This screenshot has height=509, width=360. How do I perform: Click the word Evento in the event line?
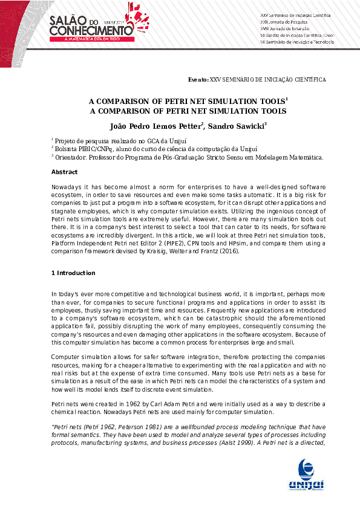(x=198, y=79)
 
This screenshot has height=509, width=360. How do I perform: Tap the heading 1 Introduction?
(x=73, y=273)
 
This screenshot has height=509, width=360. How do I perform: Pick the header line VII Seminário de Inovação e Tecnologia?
(x=293, y=42)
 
